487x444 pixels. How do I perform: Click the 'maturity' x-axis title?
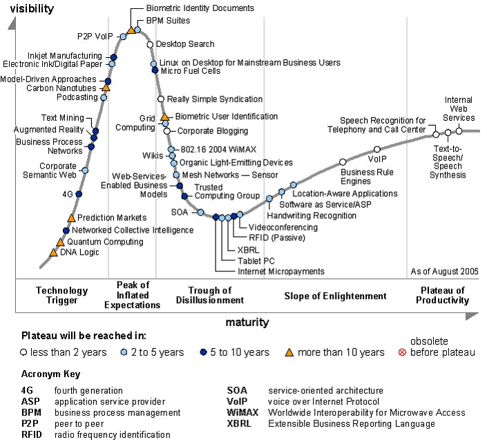click(x=247, y=322)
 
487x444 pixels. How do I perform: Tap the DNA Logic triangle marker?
click(x=53, y=252)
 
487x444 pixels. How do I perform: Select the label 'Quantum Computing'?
click(x=105, y=242)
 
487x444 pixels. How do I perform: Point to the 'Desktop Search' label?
click(x=185, y=44)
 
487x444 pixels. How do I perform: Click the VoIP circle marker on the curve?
click(x=377, y=149)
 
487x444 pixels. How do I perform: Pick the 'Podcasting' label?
click(x=77, y=97)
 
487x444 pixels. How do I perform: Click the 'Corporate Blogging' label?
click(x=212, y=130)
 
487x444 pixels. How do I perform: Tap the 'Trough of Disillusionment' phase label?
click(x=216, y=296)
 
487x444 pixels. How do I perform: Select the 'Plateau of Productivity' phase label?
click(x=442, y=296)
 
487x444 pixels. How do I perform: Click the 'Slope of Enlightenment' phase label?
click(x=335, y=296)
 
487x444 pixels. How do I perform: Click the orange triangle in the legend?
click(x=289, y=352)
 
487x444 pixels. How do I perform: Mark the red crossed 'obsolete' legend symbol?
click(x=412, y=352)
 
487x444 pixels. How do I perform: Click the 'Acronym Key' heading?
click(x=50, y=374)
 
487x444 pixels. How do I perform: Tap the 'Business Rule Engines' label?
click(x=365, y=177)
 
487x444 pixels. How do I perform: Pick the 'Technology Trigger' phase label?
click(x=62, y=296)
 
